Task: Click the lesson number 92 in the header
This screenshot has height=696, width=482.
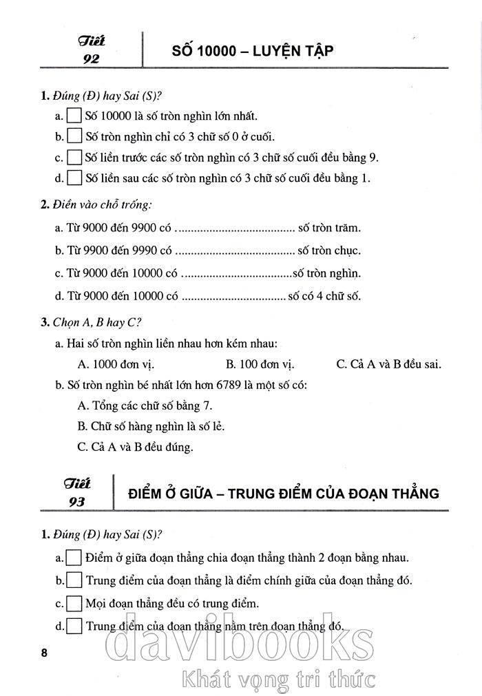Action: point(91,59)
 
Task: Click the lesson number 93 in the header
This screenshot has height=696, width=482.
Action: point(76,502)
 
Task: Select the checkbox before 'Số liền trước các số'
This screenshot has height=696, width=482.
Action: point(74,157)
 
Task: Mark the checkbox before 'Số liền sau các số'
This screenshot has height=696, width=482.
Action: point(74,178)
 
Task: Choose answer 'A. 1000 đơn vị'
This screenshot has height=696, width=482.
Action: point(114,364)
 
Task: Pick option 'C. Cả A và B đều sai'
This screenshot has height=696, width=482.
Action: point(388,364)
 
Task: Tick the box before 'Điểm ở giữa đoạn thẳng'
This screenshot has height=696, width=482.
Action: point(74,557)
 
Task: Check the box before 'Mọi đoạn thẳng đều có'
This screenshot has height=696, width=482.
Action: point(74,604)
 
